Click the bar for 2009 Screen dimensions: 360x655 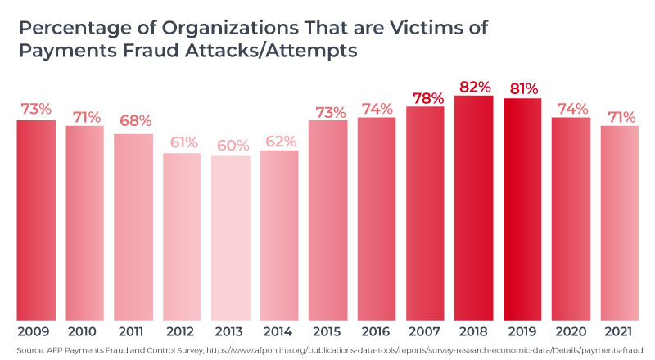point(36,221)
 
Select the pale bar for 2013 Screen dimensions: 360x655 point(230,238)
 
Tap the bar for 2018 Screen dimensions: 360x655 point(473,209)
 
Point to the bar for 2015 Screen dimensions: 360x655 point(327,221)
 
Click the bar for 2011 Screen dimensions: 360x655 point(133,227)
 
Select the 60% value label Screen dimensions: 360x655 point(230,146)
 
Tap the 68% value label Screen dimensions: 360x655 point(133,121)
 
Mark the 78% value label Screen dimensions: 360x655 point(425,97)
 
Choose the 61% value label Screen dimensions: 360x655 point(182,142)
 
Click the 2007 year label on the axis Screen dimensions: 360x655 point(425,331)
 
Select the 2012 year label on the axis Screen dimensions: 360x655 point(182,331)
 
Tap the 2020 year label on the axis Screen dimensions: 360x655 point(570,331)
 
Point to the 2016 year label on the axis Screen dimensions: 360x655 point(376,331)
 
